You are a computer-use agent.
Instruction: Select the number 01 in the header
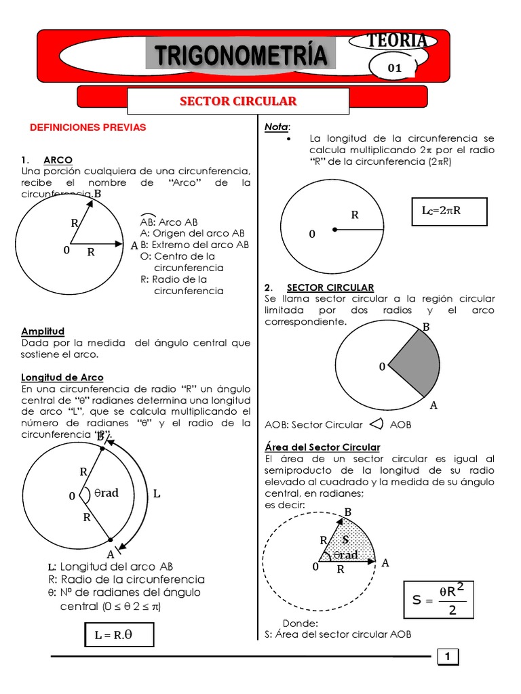point(394,68)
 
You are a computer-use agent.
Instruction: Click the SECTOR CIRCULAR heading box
point(238,102)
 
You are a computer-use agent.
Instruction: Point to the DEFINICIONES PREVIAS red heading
point(88,127)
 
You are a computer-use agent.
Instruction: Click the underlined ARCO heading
point(58,160)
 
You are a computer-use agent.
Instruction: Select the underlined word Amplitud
point(43,331)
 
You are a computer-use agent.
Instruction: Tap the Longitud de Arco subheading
point(62,377)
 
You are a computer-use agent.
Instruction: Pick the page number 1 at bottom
point(448,656)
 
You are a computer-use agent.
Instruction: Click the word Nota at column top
point(276,127)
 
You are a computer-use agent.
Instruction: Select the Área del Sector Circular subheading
point(322,447)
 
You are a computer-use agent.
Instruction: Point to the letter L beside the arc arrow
point(157,494)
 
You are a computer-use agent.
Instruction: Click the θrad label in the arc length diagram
point(105,493)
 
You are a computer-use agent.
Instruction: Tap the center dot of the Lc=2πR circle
point(334,230)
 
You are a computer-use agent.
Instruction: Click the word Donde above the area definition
point(301,624)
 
